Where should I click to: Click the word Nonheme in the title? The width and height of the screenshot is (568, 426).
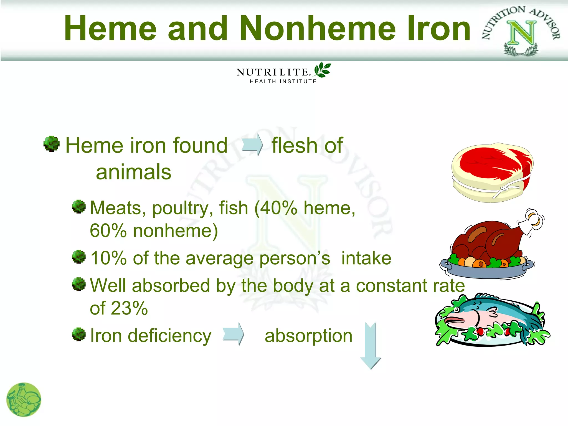coord(318,28)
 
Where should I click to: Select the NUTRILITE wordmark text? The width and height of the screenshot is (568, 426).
coord(272,72)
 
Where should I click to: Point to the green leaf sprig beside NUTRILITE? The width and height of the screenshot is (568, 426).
coord(322,70)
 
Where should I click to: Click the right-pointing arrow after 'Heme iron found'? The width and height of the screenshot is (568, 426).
coord(252,145)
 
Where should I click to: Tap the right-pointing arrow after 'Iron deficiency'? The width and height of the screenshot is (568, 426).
coord(233,334)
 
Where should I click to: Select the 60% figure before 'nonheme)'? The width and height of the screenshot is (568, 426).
coord(108,231)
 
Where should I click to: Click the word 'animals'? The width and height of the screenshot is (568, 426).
coord(133,172)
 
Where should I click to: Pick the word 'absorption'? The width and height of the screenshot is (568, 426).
coord(308,336)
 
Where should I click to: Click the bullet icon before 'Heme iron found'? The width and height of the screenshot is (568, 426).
coord(52,144)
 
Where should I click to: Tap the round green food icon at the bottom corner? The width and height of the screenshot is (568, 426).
coord(24,400)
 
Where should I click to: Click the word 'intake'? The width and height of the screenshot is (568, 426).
coord(366,258)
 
